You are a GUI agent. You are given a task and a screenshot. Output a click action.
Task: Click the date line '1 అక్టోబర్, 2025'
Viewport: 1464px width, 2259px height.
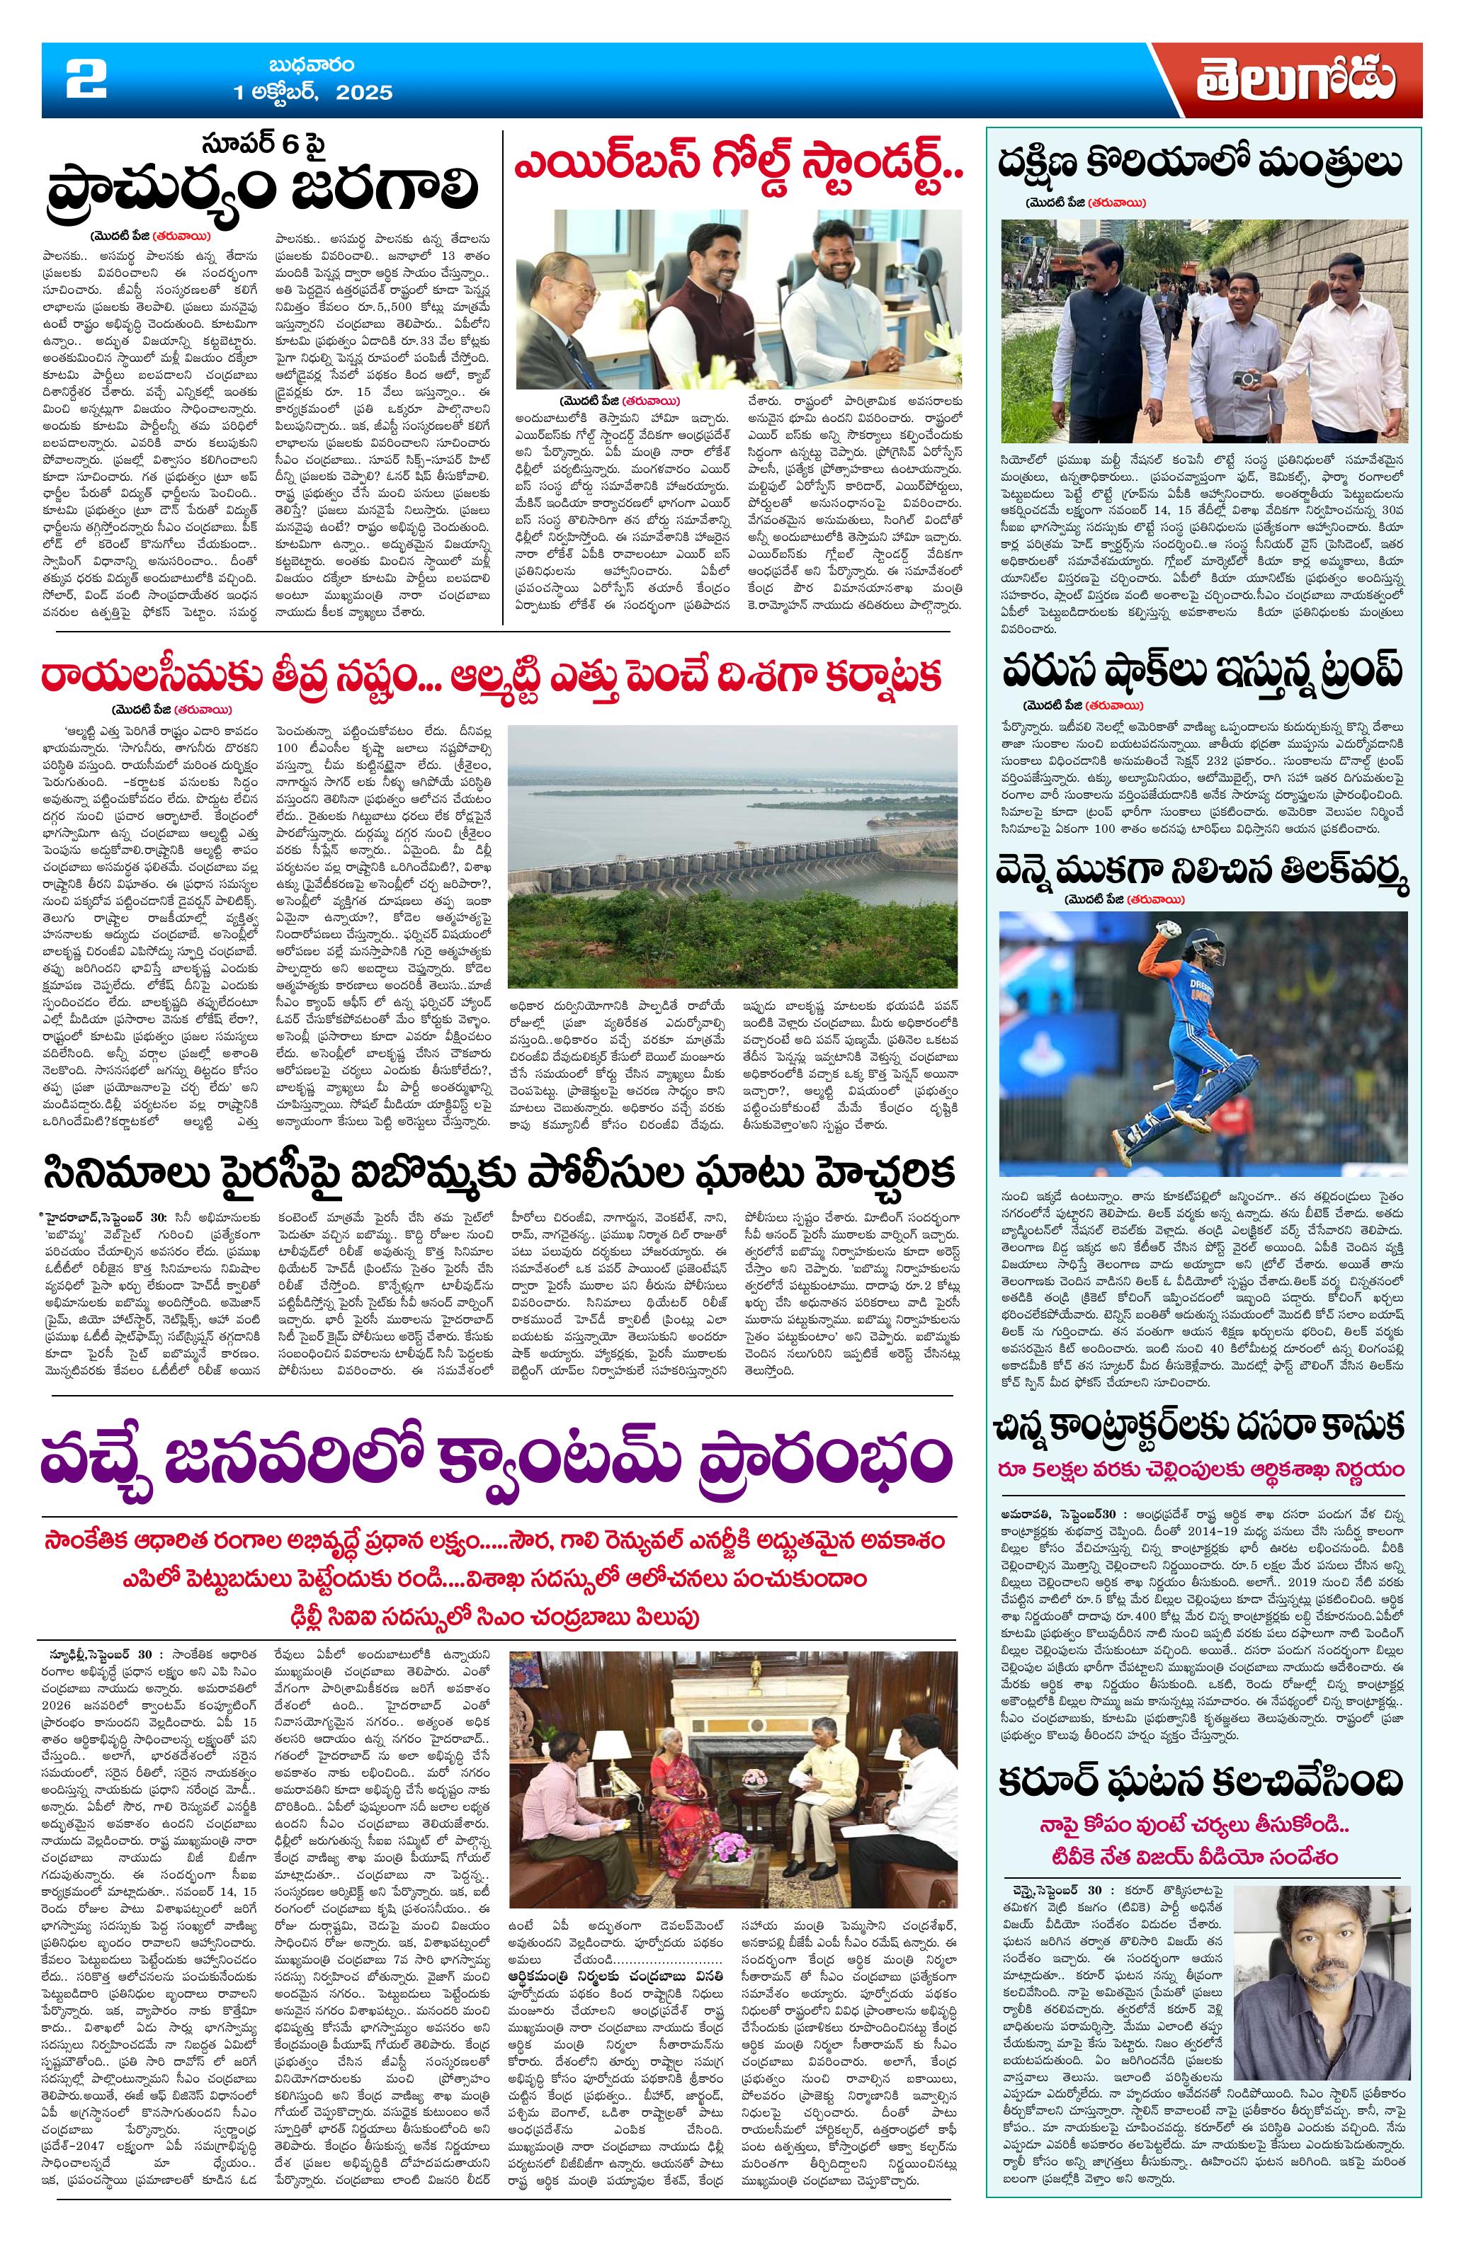click(x=313, y=93)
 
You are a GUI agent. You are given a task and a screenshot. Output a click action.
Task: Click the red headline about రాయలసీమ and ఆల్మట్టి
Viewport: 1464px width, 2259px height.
click(x=491, y=678)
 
